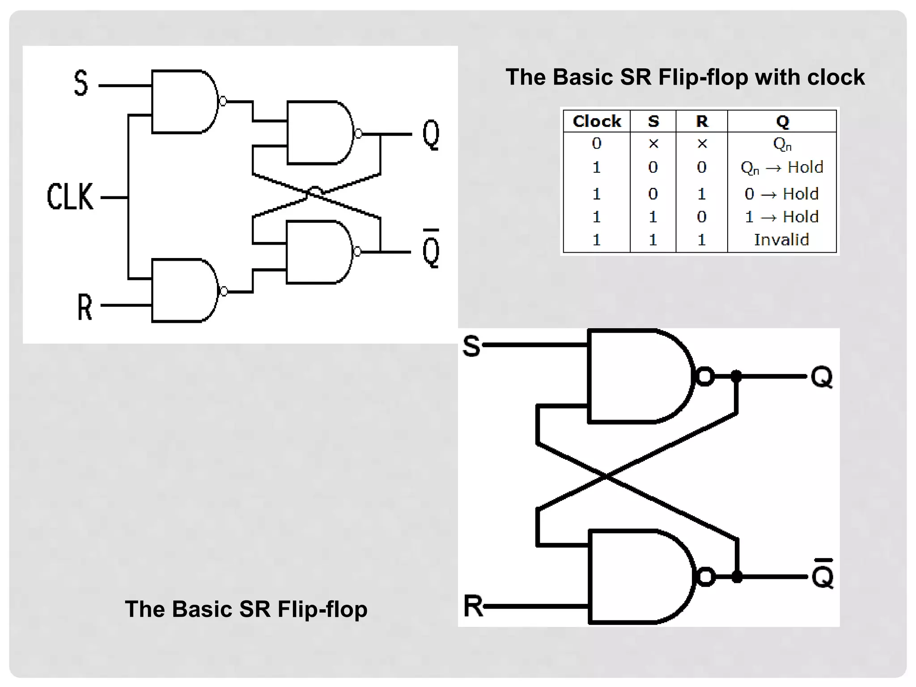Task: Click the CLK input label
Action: click(x=70, y=197)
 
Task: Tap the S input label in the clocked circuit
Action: click(x=81, y=83)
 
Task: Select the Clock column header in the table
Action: click(x=597, y=121)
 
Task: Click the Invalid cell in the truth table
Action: click(x=781, y=240)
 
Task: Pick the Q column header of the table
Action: click(x=782, y=121)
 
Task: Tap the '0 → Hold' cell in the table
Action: click(x=781, y=194)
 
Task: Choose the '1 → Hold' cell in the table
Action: click(x=781, y=217)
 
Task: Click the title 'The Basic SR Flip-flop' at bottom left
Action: click(x=246, y=609)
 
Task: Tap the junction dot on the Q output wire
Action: click(x=736, y=376)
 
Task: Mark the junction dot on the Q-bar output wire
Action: click(x=737, y=577)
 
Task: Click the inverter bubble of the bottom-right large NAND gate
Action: click(x=706, y=577)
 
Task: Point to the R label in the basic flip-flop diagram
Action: click(x=473, y=606)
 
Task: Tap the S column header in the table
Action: click(x=653, y=121)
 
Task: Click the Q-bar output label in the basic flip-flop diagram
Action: click(x=823, y=574)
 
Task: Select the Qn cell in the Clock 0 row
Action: click(x=782, y=144)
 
